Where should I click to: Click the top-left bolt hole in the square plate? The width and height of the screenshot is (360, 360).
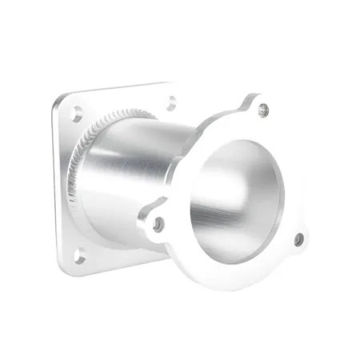76,114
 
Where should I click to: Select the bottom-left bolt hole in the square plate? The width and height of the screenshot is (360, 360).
80,256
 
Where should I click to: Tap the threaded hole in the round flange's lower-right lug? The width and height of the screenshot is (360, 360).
298,238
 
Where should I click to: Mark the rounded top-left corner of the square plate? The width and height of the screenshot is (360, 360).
58,102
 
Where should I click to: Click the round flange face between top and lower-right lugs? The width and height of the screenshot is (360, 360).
298,176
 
